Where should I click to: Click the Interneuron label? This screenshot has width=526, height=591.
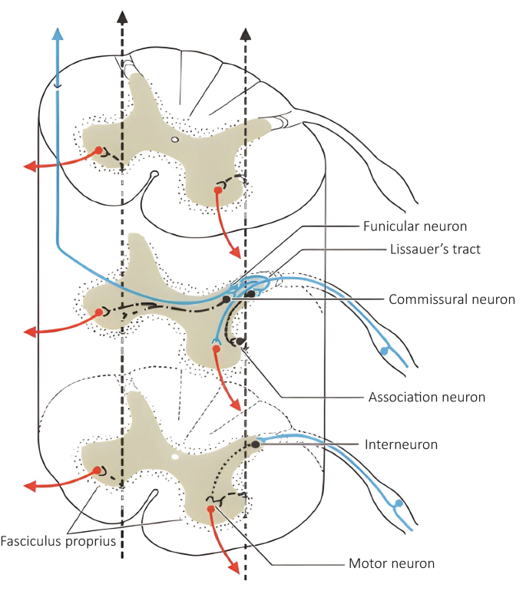click(401, 444)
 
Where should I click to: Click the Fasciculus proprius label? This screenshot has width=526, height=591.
click(58, 540)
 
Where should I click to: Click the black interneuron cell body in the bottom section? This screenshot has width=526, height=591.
click(256, 444)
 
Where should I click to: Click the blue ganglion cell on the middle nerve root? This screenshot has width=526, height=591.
click(384, 351)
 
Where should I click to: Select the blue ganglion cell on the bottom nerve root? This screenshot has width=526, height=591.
click(397, 505)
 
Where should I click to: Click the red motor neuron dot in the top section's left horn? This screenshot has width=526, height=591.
click(98, 150)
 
